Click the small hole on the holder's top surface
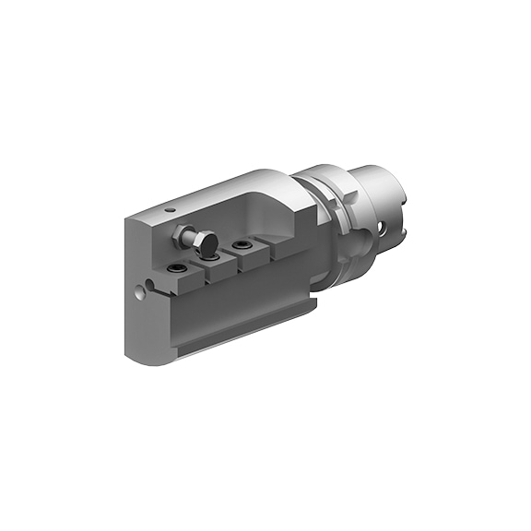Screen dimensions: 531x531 coord(171,210)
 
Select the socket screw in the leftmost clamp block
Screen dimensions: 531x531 coord(175,268)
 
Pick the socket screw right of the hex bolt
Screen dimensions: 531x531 coord(242,245)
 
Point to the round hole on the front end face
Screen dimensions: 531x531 coord(139,294)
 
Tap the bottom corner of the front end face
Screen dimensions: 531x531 coord(134,355)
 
